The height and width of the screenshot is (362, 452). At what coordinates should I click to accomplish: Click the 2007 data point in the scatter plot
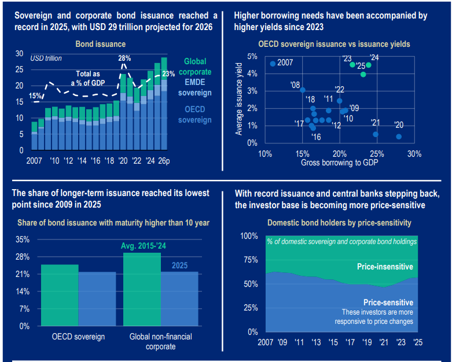(x=273, y=64)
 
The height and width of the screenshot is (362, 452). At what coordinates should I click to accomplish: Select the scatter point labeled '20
(x=399, y=136)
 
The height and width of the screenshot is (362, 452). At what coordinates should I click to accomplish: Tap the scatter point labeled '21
(x=376, y=134)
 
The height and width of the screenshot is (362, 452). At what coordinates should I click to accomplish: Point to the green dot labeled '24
(x=369, y=65)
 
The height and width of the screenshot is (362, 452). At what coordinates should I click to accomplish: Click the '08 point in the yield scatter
(x=303, y=90)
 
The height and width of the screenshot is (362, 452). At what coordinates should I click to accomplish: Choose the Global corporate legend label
(x=198, y=67)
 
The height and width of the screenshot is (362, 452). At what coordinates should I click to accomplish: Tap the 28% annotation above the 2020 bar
(x=124, y=58)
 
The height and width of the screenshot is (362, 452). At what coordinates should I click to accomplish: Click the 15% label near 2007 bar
(x=35, y=95)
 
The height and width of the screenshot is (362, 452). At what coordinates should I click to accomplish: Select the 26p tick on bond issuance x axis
(x=164, y=160)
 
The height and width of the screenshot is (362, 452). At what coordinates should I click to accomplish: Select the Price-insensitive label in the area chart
(x=385, y=267)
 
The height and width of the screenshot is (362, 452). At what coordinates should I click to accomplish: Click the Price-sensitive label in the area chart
(x=388, y=302)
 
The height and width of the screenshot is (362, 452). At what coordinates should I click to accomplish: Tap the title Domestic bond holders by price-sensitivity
(x=339, y=222)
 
